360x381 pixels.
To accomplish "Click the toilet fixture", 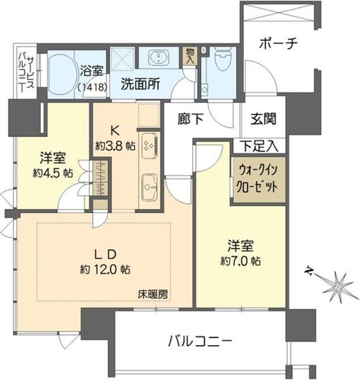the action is (223, 58).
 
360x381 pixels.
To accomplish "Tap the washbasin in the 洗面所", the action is (159, 58).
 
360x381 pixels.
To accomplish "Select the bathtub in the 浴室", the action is (60, 74).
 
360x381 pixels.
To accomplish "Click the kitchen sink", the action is (150, 187).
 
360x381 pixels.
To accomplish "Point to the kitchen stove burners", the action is (149, 145).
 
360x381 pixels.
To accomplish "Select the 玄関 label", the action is (264, 119).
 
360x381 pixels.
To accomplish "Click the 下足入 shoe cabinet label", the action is (260, 146).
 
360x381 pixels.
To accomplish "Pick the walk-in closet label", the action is (258, 179).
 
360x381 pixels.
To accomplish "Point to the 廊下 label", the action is (190, 119).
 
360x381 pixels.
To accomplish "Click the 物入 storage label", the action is (189, 56).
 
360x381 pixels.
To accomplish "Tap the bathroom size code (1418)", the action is (92, 87).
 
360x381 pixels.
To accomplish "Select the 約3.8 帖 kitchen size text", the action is (115, 146).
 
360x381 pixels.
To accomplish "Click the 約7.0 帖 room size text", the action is (240, 261).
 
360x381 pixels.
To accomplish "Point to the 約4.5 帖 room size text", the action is (53, 174).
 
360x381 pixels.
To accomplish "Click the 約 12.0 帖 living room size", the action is (104, 269).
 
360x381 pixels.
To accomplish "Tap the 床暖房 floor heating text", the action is (153, 295).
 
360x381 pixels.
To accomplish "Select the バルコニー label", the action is (200, 341).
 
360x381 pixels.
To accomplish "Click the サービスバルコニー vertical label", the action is (27, 72).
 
